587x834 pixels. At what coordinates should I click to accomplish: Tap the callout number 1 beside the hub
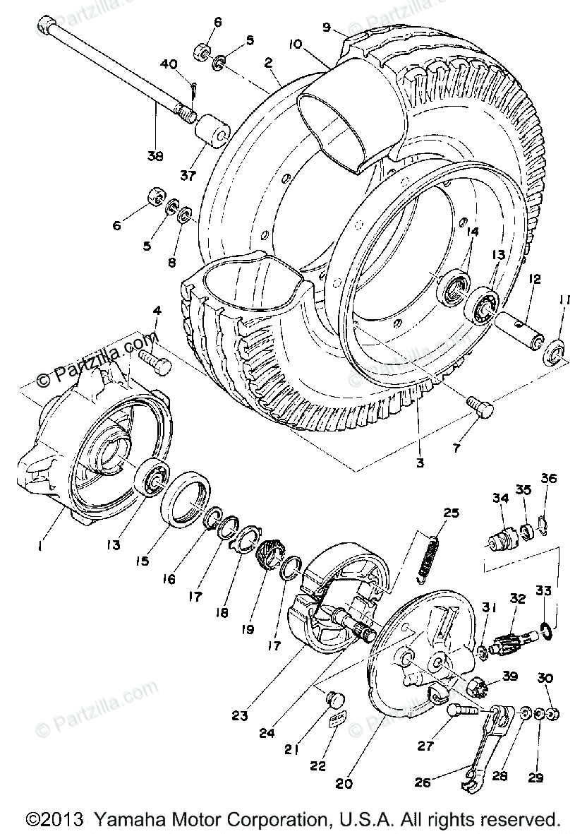40,546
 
